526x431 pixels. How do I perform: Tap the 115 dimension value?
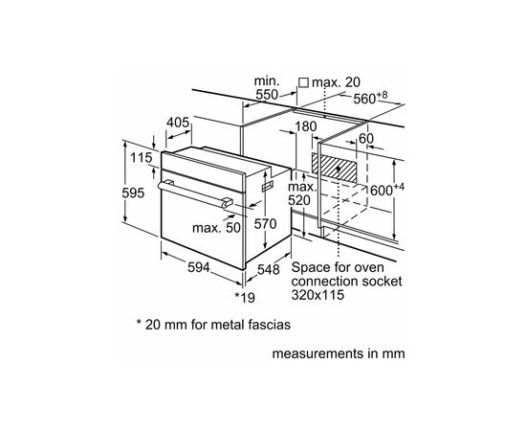coord(142,158)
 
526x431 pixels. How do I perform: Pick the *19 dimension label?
coord(246,298)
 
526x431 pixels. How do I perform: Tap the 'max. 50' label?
coord(216,227)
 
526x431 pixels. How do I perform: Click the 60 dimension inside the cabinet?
coord(364,138)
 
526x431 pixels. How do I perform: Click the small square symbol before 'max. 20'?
coord(303,82)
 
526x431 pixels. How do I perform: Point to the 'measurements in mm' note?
coord(339,352)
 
